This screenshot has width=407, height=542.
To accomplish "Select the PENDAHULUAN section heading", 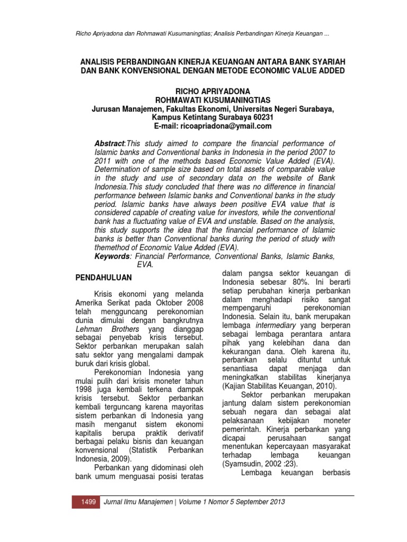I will (x=103, y=277).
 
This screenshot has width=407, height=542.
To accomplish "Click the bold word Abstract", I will (x=108, y=143).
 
